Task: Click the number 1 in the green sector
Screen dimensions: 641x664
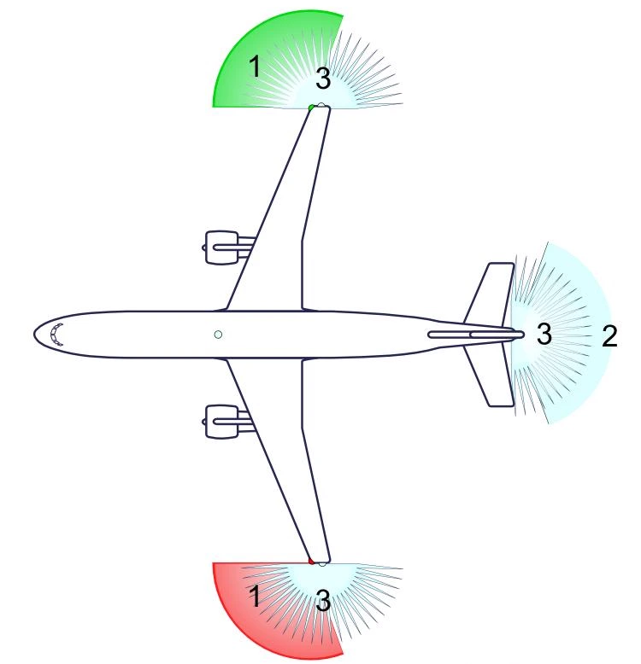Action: click(x=254, y=67)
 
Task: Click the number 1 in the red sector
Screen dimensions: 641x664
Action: click(x=254, y=596)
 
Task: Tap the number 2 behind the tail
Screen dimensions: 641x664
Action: click(x=609, y=336)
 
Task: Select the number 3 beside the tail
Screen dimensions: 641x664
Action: click(x=544, y=334)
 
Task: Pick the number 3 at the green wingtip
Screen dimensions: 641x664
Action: click(x=322, y=79)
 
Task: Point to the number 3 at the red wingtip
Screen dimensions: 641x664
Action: click(x=322, y=600)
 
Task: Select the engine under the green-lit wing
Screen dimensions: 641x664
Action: click(x=222, y=248)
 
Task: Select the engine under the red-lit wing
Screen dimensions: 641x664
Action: click(x=222, y=422)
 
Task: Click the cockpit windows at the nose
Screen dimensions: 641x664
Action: click(x=56, y=334)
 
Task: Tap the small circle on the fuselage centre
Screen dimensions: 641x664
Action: click(x=218, y=335)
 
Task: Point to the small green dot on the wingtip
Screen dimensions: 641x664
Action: click(x=312, y=108)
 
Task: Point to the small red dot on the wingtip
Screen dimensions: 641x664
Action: click(x=312, y=562)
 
